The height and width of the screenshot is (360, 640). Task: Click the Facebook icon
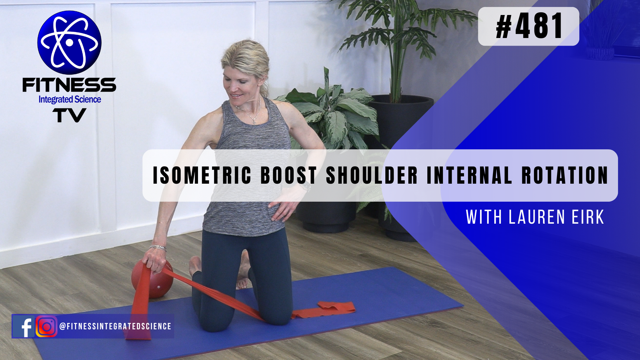click(x=23, y=326)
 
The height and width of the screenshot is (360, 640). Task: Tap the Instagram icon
click(x=46, y=326)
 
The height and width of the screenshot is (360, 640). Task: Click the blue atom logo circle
click(x=69, y=43)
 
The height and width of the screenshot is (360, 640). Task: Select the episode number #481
click(x=529, y=26)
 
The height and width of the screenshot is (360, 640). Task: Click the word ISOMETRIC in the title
click(x=202, y=175)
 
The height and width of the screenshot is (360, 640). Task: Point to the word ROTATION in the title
click(x=565, y=175)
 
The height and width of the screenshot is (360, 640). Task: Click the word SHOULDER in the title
click(x=372, y=175)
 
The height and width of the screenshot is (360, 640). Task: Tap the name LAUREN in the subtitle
click(x=537, y=217)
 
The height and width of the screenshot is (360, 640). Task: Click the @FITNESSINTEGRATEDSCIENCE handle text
click(x=115, y=326)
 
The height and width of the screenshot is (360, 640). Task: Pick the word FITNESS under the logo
click(x=69, y=85)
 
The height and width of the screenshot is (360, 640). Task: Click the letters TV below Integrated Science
click(x=69, y=116)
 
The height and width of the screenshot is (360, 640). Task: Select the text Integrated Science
click(x=70, y=99)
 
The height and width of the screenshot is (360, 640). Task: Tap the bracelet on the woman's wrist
click(x=158, y=248)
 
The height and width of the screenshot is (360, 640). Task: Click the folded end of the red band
click(x=337, y=307)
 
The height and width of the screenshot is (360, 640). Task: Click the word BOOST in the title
click(x=288, y=175)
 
